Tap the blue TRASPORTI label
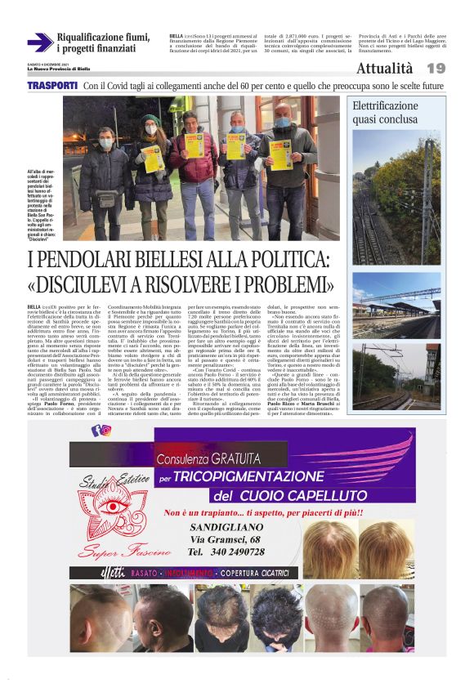point(51,86)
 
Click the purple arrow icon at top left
point(39,42)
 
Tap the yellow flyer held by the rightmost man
point(281,154)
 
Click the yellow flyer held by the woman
point(153,156)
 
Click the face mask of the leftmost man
point(106,143)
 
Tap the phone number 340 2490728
point(226,552)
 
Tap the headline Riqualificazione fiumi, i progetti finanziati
point(104,42)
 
